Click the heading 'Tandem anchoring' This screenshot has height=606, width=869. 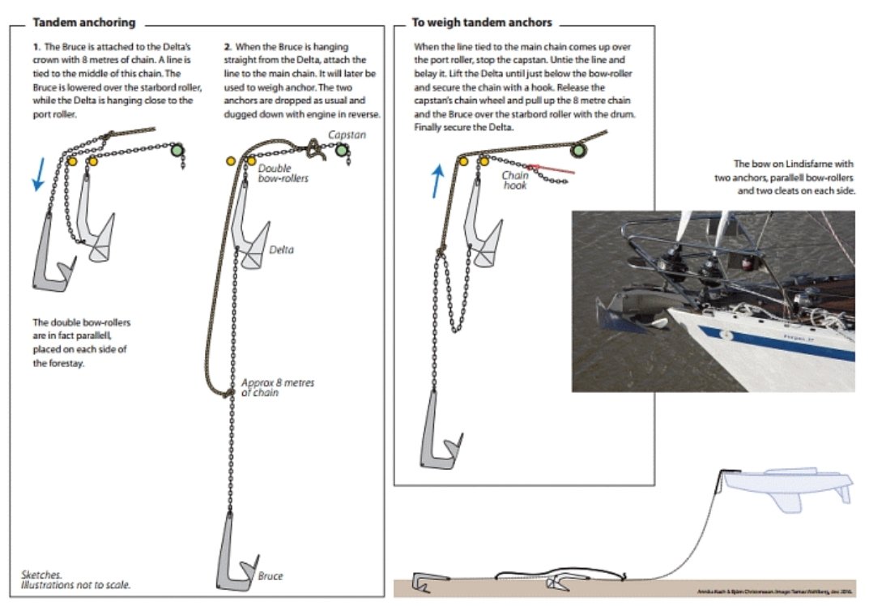(83, 23)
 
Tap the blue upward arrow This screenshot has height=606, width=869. (437, 180)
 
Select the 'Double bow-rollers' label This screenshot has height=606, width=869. (282, 173)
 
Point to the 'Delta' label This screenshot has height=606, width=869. (282, 250)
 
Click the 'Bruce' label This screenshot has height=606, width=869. (270, 576)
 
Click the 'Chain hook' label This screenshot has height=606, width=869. (515, 180)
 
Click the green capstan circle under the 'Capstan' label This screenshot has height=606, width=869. (341, 151)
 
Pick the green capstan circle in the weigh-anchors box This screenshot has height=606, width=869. (577, 151)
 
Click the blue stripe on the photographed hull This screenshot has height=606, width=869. (777, 344)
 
